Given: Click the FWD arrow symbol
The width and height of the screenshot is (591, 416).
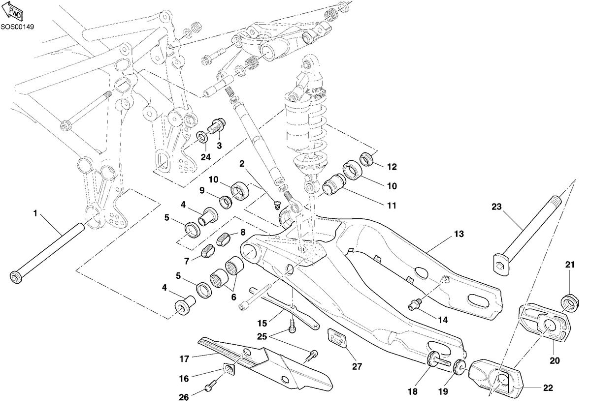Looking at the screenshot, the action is (13, 12).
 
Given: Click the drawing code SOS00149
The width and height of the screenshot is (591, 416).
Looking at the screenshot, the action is (17, 27).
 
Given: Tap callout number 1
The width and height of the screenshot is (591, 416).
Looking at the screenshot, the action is (35, 213).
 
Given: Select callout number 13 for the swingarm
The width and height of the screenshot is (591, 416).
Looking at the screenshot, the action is (459, 234).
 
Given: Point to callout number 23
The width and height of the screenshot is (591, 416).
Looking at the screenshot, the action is (496, 207).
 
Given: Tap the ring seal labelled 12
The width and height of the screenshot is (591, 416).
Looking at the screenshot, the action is (366, 159).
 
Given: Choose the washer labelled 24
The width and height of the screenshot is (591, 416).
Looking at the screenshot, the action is (202, 137).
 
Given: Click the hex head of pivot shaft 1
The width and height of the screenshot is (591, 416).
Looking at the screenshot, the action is (16, 277).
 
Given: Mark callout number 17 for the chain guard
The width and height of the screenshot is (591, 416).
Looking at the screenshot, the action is (184, 359).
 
